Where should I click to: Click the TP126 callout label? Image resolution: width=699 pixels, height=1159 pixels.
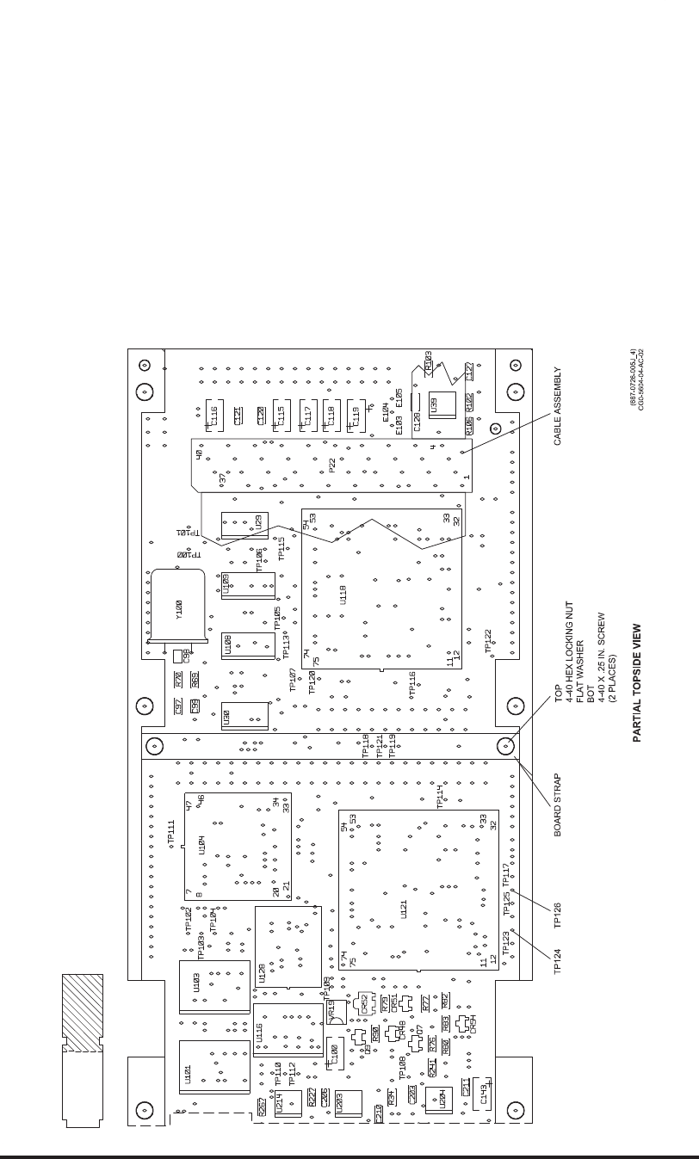pos(558,914)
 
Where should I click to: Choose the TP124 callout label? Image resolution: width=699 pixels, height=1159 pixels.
pos(558,959)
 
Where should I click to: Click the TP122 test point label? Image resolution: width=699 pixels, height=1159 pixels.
pos(487,640)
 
